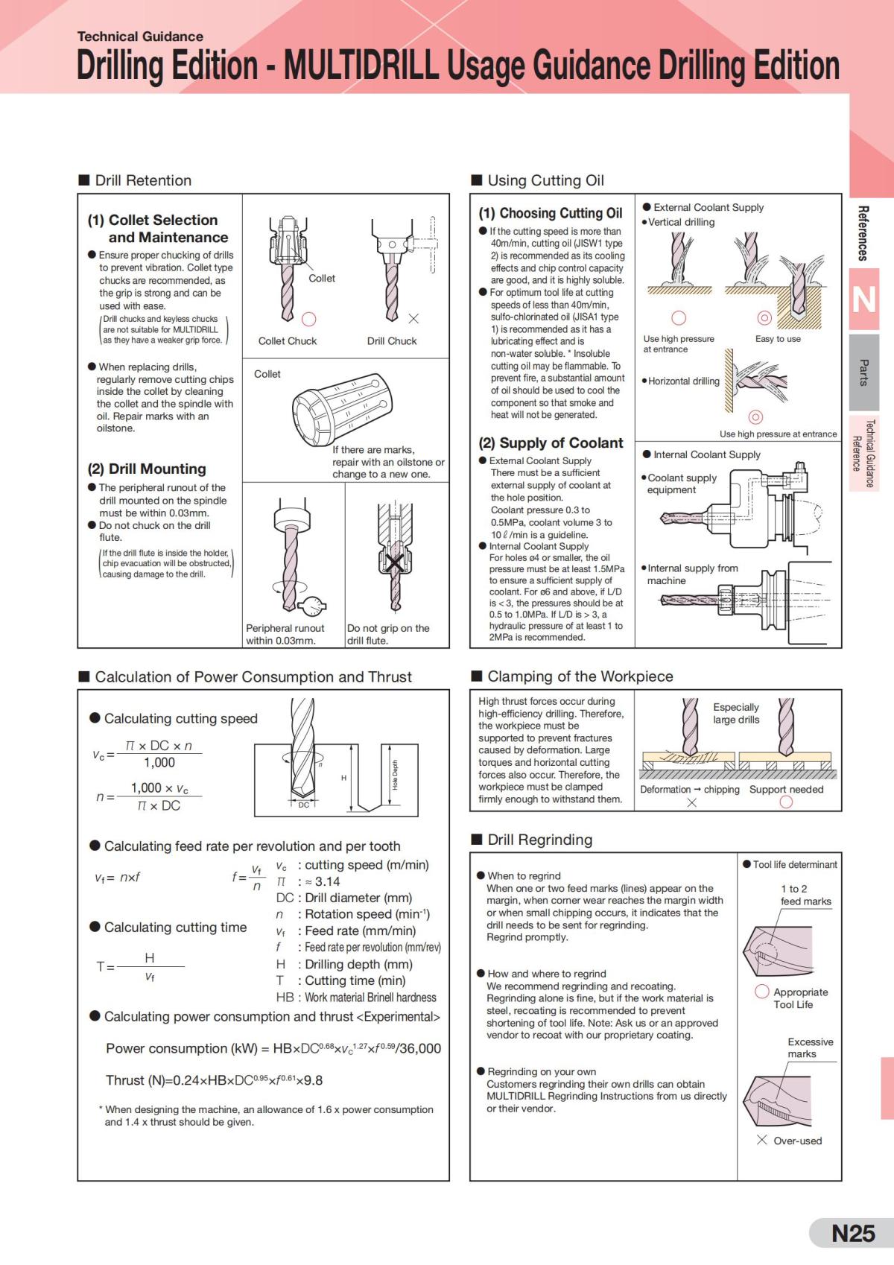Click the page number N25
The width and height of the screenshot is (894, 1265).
tap(852, 1233)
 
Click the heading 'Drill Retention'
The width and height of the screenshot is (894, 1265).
tap(142, 180)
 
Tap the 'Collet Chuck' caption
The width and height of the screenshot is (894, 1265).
tap(288, 341)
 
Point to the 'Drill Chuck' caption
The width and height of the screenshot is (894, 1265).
tap(392, 341)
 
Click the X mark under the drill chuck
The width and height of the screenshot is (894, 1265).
tap(413, 319)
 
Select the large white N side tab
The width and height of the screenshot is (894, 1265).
tap(863, 299)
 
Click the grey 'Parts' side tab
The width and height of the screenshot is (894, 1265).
tap(863, 372)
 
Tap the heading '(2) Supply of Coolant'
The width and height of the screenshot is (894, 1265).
tap(551, 443)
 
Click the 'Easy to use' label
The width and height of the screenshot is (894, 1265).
tap(778, 339)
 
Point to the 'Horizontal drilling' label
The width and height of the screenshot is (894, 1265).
tap(683, 381)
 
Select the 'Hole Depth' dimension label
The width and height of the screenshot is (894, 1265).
tap(395, 775)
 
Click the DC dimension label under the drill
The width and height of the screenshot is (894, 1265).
tap(304, 805)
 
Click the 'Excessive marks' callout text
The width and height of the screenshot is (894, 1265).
tap(810, 1047)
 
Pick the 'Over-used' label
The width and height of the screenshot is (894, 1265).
tap(797, 1141)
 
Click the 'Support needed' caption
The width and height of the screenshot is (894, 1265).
tap(786, 790)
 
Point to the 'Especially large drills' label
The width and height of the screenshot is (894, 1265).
tap(736, 713)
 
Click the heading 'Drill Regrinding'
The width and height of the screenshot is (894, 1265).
tap(539, 840)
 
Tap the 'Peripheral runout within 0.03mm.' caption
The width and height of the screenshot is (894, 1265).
tap(285, 634)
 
